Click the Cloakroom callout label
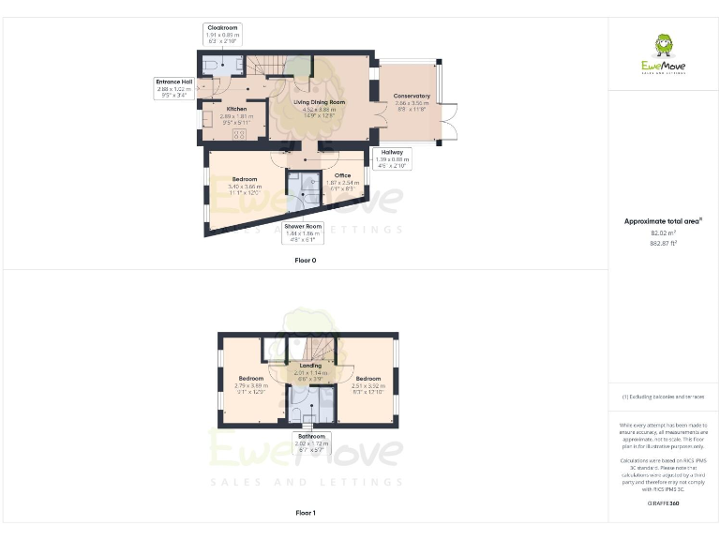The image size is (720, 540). click(223, 35)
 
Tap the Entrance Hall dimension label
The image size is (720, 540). click(174, 87)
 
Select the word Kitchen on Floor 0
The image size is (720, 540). click(236, 110)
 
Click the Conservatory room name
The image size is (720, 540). click(412, 96)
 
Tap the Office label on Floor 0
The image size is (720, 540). click(342, 175)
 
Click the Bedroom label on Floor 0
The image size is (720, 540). click(245, 179)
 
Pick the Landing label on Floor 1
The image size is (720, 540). click(310, 366)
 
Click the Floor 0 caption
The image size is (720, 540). click(305, 260)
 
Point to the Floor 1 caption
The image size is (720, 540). click(305, 513)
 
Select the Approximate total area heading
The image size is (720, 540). click(663, 221)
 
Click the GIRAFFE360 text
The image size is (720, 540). click(663, 503)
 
